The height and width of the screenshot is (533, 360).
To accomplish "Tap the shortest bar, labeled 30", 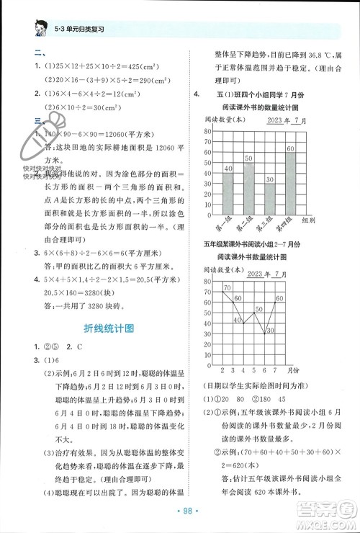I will coord(269,194).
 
